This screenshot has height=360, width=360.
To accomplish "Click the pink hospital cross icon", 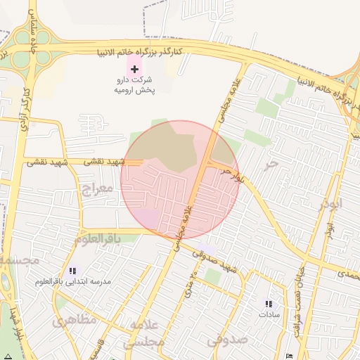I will point(134,69).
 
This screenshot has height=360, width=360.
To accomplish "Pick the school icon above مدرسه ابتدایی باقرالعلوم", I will point(72,271).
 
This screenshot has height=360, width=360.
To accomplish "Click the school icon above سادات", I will point(268,304).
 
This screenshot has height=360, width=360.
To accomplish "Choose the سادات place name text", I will point(269,314).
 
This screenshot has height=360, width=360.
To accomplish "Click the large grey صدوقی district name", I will point(227,340).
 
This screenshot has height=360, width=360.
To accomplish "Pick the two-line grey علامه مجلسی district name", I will point(144,333).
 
